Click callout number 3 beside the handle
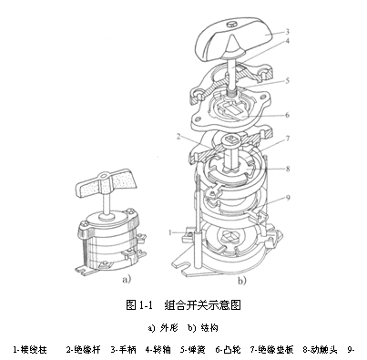pyautogui.click(x=287, y=30)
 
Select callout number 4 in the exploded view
pyautogui.click(x=287, y=40)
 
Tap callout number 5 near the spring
pyautogui.click(x=287, y=79)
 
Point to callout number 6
pyautogui.click(x=287, y=115)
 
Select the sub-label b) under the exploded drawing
pyautogui.click(x=242, y=283)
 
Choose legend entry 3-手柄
pyautogui.click(x=123, y=347)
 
